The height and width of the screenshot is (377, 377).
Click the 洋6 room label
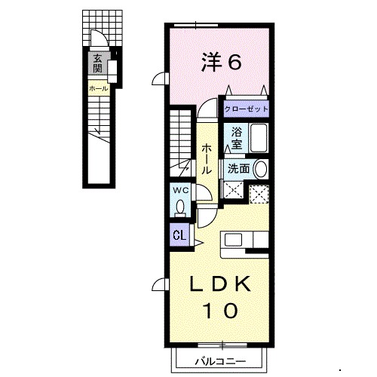[x=221, y=62]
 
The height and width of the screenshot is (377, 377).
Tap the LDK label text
[x=220, y=284]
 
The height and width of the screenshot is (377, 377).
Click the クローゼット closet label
[x=247, y=109]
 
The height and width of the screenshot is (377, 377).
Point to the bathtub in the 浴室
[x=259, y=138]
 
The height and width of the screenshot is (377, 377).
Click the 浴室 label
[x=237, y=138]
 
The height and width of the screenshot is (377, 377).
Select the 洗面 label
[x=238, y=169]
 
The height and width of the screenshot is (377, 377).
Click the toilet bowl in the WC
[x=180, y=207]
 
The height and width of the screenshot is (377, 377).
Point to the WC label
[x=180, y=191]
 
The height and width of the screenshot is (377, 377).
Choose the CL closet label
[x=179, y=236]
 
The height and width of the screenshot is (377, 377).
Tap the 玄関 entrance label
[x=97, y=63]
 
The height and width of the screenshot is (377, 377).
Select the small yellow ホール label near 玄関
[x=99, y=89]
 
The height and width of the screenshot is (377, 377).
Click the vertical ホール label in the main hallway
[x=207, y=159]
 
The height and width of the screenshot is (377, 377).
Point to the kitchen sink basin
[x=233, y=240]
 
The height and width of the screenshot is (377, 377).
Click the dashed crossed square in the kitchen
[x=259, y=195]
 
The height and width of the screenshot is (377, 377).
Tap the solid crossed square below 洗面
[x=234, y=190]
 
